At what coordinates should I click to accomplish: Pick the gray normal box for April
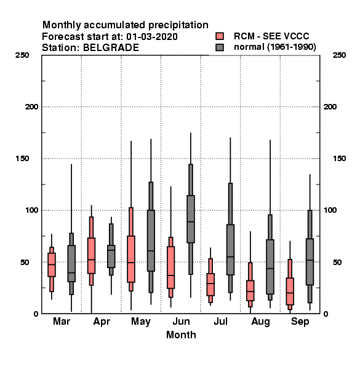point(111,256)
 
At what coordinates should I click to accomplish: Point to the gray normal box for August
point(270,267)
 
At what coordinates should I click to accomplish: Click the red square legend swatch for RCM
point(220,36)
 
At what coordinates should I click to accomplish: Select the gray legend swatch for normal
point(220,47)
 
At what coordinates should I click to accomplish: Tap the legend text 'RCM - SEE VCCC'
point(271,36)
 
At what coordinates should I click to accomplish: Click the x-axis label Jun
point(182,321)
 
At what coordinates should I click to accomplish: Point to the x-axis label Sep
point(300,322)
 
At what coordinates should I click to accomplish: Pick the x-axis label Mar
point(62,321)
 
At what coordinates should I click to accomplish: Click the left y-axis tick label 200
point(31,107)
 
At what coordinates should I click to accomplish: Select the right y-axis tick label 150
point(339,159)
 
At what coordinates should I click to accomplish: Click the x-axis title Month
point(181,335)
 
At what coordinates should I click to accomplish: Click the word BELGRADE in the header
point(111,48)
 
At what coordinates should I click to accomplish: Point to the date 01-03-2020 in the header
point(152,37)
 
